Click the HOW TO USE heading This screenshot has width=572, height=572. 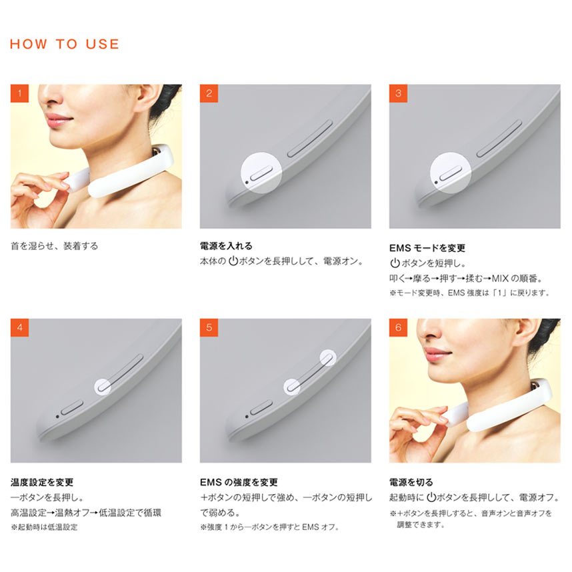[64, 44]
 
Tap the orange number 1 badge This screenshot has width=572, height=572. [19, 93]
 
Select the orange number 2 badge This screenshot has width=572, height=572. [209, 93]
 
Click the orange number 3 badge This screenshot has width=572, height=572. [398, 93]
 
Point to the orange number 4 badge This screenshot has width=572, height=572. [19, 327]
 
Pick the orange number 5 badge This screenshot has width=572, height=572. [209, 327]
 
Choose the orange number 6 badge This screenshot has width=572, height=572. [398, 327]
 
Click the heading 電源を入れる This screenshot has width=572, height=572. [226, 246]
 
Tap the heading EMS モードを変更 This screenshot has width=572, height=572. [427, 248]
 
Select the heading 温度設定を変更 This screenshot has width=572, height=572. [42, 482]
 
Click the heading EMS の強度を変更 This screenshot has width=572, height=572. [239, 482]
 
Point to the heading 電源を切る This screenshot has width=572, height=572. [411, 482]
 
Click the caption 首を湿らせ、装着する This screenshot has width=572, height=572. [55, 246]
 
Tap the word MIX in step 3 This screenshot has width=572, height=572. [500, 279]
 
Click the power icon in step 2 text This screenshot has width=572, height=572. [233, 261]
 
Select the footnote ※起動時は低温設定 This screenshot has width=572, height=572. [44, 527]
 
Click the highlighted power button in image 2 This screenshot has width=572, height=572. [261, 173]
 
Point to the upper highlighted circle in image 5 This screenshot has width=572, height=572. [327, 358]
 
